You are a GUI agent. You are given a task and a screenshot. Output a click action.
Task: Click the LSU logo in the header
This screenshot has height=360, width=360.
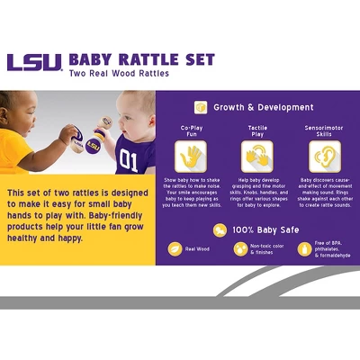click(34, 63)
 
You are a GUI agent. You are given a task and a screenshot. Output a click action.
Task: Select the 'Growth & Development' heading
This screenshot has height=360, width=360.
click(263, 107)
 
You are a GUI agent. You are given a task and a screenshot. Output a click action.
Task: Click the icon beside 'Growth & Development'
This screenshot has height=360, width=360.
click(201, 106)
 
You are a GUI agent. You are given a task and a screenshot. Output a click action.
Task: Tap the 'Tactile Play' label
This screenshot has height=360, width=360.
click(257, 132)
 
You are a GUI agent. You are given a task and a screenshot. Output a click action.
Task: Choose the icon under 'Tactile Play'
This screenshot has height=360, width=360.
click(257, 158)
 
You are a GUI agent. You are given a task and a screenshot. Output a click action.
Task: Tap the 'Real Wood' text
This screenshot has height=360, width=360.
click(197, 248)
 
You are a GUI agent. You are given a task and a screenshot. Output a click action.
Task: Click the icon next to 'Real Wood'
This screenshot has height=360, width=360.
click(174, 248)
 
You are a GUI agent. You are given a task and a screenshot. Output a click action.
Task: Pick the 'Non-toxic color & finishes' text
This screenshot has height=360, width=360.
click(267, 248)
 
